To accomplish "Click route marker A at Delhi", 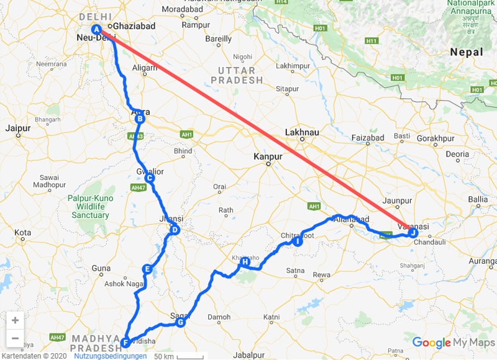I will [96, 30].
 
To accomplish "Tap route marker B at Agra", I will [140, 119].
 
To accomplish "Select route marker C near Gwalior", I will [149, 178].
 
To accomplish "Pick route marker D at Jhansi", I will [175, 230].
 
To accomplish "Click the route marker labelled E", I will [147, 269].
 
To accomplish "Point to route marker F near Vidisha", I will [125, 342].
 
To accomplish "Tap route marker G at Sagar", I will [180, 322].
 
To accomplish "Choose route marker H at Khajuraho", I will [245, 262].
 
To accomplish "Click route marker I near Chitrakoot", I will [298, 241].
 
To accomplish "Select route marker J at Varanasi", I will [413, 232].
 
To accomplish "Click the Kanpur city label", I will [268, 157].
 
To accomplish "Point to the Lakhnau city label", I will [301, 132].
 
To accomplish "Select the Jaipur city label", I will [17, 128].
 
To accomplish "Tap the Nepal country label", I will [466, 52].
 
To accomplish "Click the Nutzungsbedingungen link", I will [110, 356].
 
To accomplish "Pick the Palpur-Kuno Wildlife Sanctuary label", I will [88, 207].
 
